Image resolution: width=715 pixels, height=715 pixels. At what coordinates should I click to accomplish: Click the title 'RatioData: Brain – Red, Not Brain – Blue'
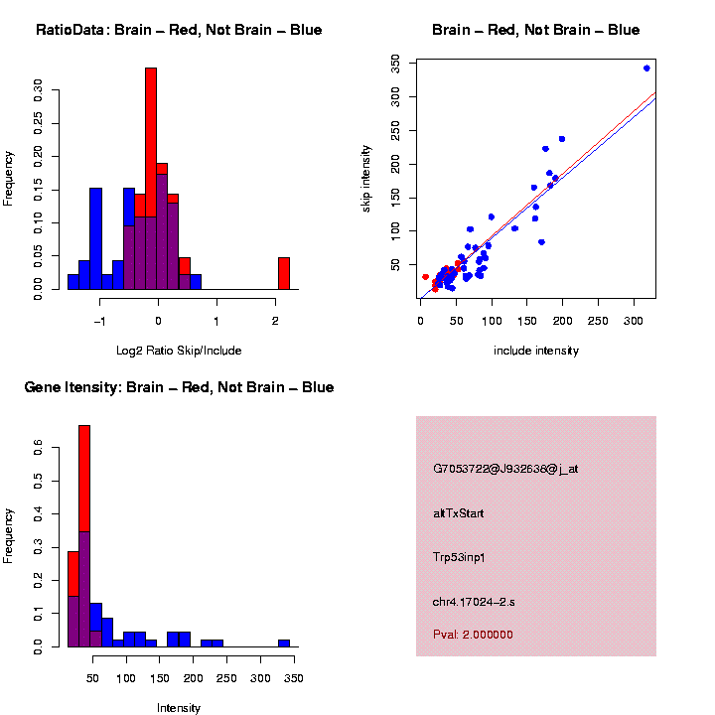click(x=179, y=30)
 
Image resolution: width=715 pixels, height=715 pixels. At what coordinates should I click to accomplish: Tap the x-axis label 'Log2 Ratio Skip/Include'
click(x=179, y=351)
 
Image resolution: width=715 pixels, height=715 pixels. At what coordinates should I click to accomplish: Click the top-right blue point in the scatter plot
click(x=646, y=69)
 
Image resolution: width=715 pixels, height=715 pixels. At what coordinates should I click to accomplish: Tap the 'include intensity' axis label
click(x=536, y=351)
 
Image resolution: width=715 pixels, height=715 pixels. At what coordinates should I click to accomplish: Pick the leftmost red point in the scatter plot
click(x=425, y=277)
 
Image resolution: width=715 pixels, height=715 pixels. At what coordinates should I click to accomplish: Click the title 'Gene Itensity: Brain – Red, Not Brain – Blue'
click(x=179, y=387)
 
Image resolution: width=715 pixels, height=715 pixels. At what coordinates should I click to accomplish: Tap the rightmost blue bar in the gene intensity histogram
click(x=284, y=643)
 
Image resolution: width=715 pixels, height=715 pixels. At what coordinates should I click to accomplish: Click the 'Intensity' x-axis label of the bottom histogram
click(x=179, y=708)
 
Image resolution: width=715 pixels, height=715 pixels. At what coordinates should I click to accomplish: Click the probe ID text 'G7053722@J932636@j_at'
click(x=505, y=469)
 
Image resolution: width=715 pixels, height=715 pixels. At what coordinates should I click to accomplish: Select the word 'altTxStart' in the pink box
click(x=459, y=513)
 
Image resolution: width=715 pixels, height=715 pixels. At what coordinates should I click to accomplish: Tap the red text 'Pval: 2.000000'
click(x=473, y=634)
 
